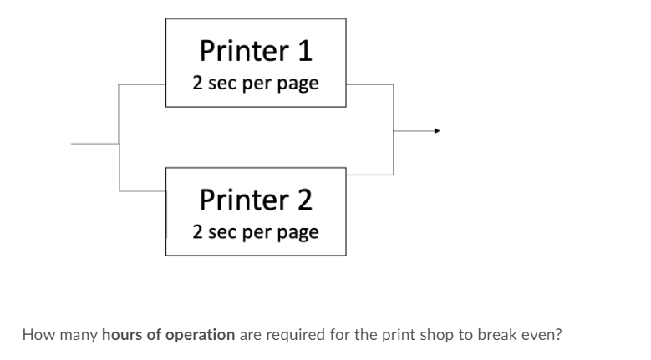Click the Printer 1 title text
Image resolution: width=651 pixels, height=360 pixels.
(x=256, y=51)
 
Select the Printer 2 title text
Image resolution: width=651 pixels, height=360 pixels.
(x=256, y=200)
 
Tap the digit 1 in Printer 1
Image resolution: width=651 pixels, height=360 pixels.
(x=304, y=51)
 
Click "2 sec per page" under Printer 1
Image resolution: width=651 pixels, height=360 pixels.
(x=256, y=84)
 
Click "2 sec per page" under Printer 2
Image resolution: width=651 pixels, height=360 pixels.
(x=256, y=231)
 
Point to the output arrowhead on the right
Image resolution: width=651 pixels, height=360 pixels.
(x=435, y=130)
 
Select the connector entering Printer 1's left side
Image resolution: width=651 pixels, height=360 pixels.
(x=143, y=84)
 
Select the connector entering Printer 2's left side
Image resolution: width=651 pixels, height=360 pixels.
(x=143, y=191)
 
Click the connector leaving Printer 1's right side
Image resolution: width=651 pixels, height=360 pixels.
(x=369, y=84)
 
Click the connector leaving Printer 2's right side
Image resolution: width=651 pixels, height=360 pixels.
(x=369, y=175)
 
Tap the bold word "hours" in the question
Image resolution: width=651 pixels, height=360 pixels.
(x=119, y=335)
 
